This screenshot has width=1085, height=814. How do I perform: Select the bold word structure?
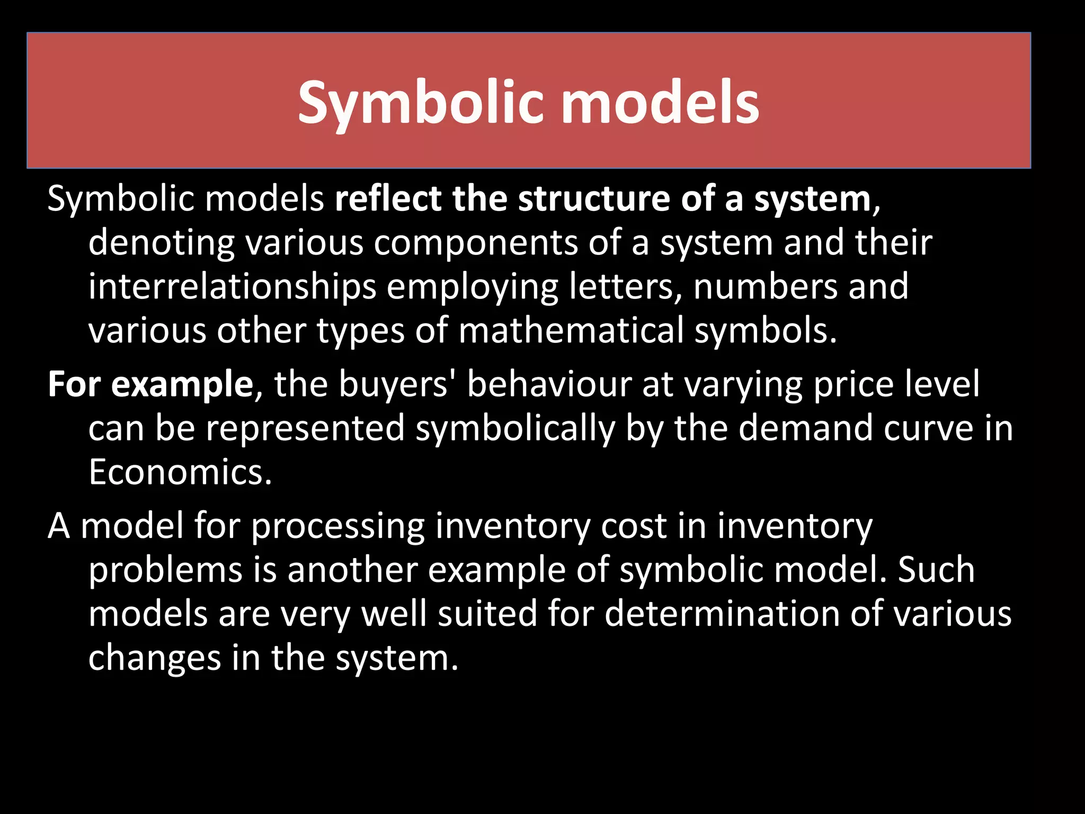[594, 199]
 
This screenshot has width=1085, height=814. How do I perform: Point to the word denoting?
[161, 243]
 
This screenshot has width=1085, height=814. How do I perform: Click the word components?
[475, 243]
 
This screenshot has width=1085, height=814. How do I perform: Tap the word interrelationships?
[232, 287]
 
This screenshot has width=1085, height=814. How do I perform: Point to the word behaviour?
[549, 384]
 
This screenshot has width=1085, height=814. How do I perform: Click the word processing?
[337, 527]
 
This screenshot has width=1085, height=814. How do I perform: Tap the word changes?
[154, 658]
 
